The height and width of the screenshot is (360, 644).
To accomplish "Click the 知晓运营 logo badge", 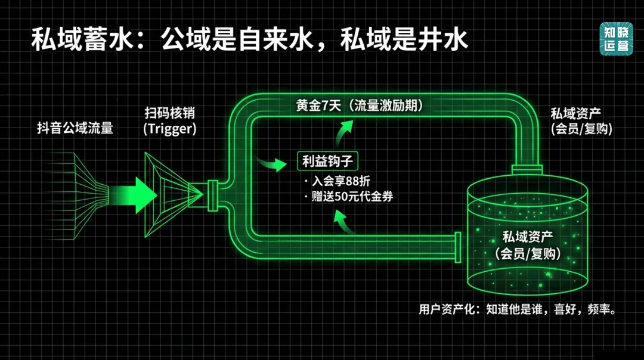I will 616,39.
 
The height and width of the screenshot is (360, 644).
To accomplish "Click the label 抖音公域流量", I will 75,128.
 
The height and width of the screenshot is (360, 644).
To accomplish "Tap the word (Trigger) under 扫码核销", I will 169,129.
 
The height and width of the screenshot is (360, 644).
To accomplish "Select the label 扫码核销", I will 169,113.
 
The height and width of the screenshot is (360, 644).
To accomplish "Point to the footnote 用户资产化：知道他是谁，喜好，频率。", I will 517,309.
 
